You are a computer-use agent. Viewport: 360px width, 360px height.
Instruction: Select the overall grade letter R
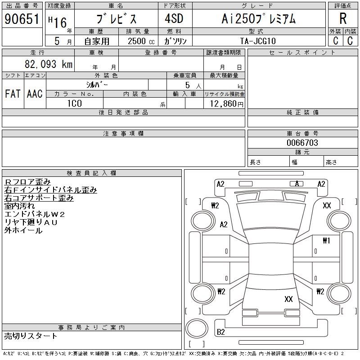tap(343, 18)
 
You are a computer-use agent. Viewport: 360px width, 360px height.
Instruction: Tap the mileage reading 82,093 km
tap(49, 64)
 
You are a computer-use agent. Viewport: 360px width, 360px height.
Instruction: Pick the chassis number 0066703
tap(302, 143)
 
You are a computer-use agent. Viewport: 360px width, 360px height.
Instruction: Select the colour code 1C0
tap(74, 103)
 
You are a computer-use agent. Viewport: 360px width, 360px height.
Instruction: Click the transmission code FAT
tap(13, 94)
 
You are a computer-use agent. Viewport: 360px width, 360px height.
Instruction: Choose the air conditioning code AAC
tap(35, 94)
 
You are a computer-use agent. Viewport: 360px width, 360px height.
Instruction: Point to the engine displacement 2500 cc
tap(141, 41)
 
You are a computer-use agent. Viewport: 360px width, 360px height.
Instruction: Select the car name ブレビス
tap(116, 19)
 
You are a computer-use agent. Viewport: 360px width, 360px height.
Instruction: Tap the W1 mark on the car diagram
tap(326, 241)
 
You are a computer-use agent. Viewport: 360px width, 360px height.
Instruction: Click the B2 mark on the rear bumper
tap(221, 332)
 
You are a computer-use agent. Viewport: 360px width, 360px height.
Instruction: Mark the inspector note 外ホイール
tap(23, 230)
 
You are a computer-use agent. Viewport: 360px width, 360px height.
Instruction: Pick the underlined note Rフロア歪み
tap(27, 182)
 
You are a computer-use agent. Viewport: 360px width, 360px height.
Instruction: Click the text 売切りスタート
tap(31, 336)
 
